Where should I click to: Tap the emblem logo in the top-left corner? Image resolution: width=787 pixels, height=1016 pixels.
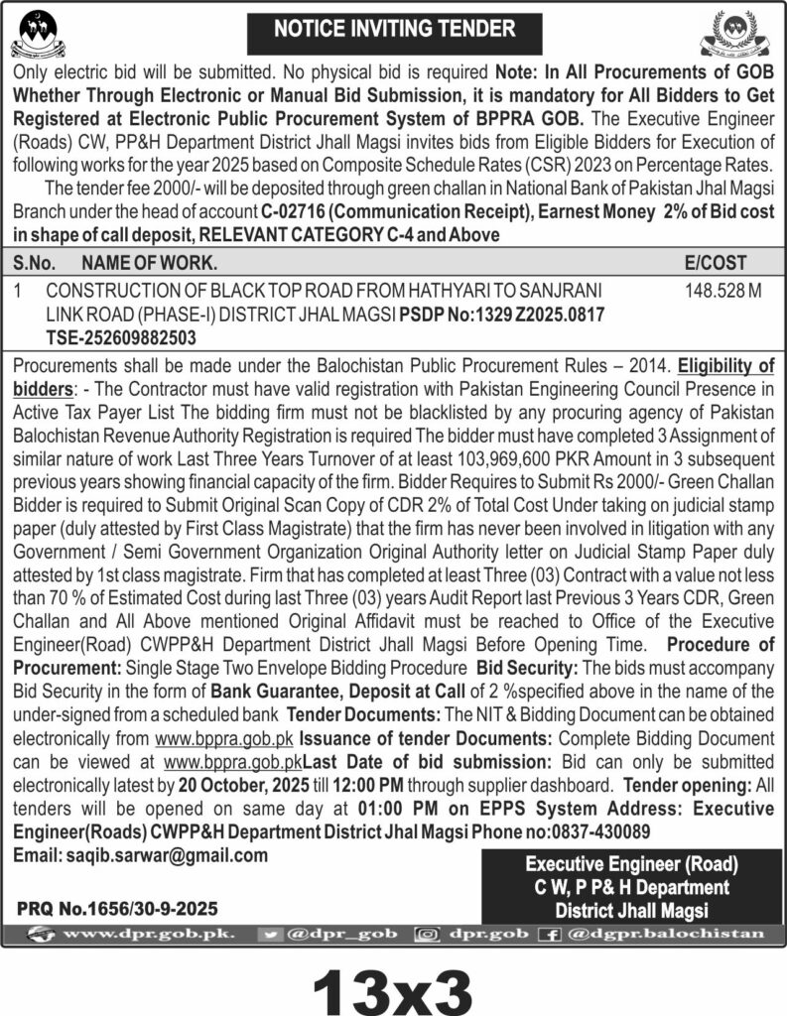[x=37, y=33]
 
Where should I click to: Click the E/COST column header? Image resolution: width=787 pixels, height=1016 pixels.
[x=715, y=263]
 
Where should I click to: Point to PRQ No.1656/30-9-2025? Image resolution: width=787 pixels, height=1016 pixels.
[x=117, y=909]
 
